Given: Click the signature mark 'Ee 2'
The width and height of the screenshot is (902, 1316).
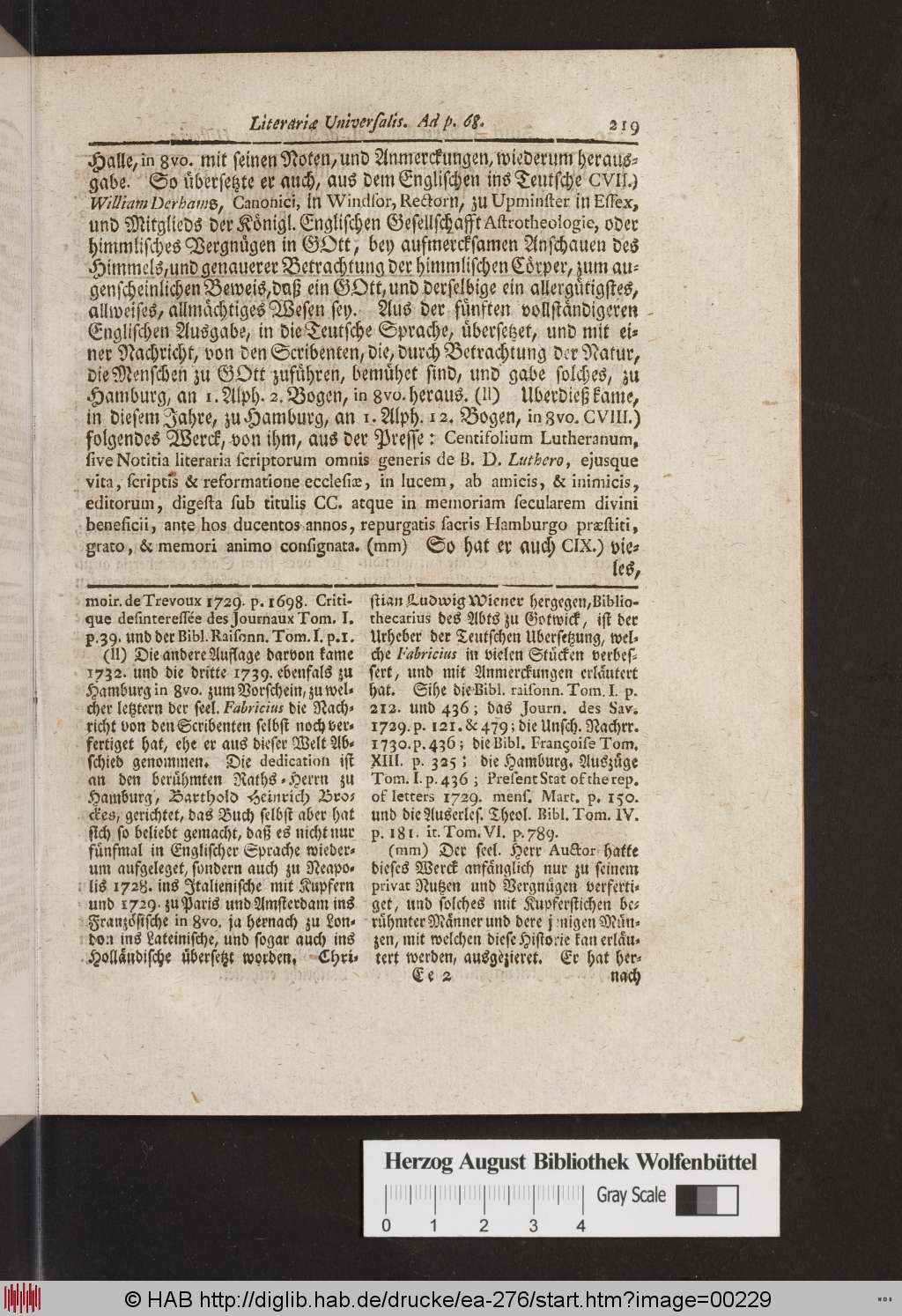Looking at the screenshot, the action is click(x=431, y=974).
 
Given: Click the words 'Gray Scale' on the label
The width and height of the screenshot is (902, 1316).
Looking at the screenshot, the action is click(x=631, y=1195).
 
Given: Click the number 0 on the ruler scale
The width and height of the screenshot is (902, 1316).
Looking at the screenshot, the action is click(x=386, y=1225).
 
